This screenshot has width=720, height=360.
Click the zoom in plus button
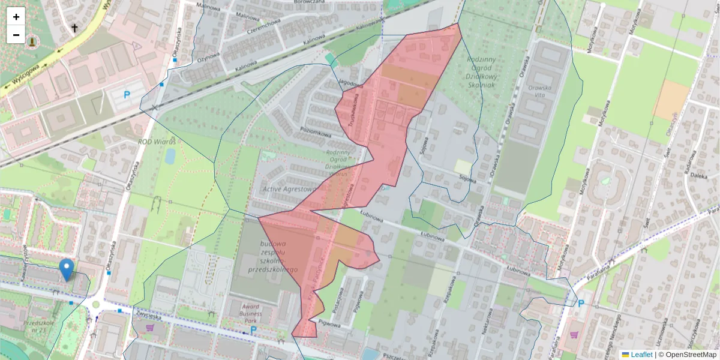pyautogui.click(x=16, y=17)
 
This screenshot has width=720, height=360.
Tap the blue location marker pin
pyautogui.click(x=67, y=270)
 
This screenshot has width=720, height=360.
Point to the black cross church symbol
pyautogui.click(x=74, y=28)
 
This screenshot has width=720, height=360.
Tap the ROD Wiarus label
pyautogui.click(x=157, y=142)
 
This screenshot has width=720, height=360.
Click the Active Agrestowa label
pyautogui.click(x=289, y=190)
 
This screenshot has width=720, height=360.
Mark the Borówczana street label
pyautogui.click(x=310, y=2)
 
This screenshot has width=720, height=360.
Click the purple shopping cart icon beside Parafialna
pyautogui.click(x=575, y=335)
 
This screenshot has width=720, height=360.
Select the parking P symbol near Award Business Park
pyautogui.click(x=253, y=330)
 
